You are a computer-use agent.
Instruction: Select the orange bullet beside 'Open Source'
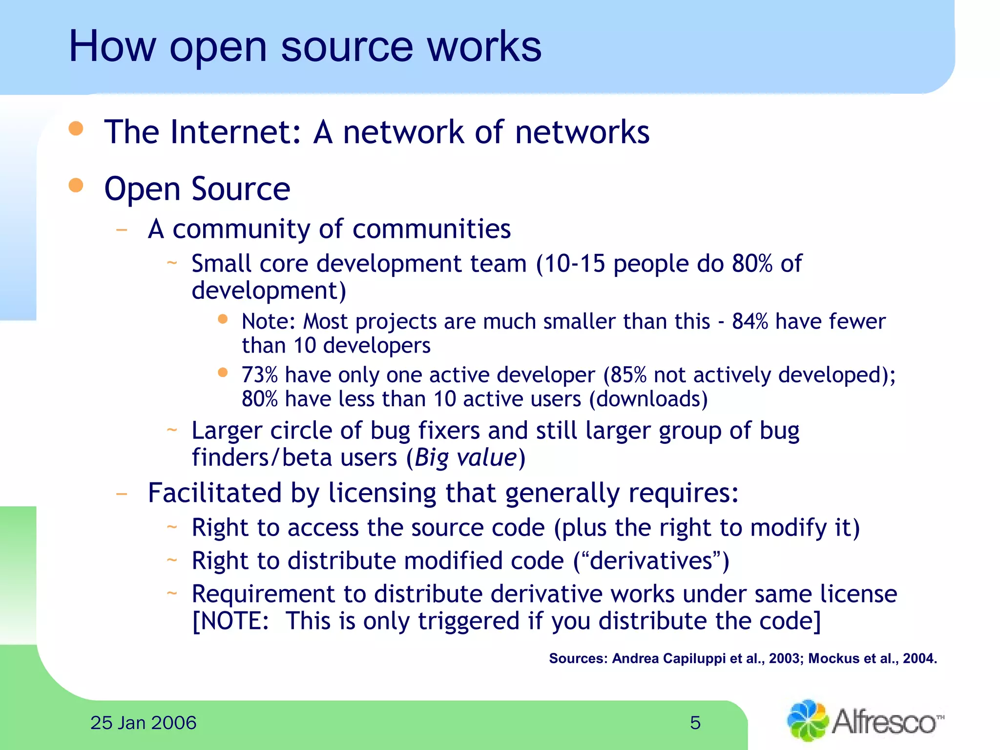[x=76, y=185]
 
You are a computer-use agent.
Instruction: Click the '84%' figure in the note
[x=750, y=322]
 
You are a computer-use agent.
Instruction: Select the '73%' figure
[x=259, y=375]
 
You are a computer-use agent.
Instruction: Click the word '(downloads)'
[x=648, y=399]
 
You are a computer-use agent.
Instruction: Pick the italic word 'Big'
[x=431, y=458]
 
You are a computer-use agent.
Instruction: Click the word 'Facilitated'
[x=215, y=493]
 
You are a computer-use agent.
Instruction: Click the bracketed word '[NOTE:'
[x=230, y=621]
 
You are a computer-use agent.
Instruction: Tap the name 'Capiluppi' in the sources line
[x=694, y=659]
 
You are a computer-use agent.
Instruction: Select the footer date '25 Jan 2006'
[x=143, y=723]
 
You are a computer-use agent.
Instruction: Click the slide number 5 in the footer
[x=695, y=723]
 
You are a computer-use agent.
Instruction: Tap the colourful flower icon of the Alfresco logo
[x=808, y=721]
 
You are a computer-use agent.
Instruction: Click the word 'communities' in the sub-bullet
[x=431, y=229]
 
